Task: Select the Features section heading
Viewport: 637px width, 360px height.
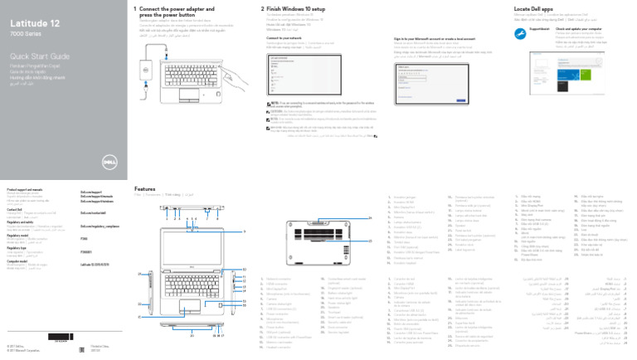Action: (x=146, y=188)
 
